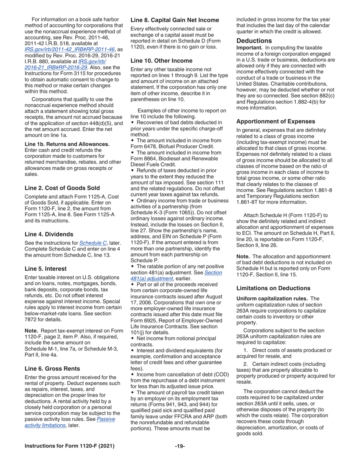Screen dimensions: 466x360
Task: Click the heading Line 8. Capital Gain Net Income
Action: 175,20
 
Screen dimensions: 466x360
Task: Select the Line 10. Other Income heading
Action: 161,61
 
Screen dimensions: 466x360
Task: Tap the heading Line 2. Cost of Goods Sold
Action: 62,188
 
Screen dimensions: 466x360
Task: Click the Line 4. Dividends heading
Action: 49,234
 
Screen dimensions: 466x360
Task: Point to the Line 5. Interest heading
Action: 45,269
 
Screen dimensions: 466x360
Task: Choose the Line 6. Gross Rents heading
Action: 52,369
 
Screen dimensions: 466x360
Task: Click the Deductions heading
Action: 254,41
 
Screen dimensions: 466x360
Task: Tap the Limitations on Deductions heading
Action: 273,288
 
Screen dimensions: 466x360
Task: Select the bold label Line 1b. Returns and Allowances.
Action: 67,144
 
